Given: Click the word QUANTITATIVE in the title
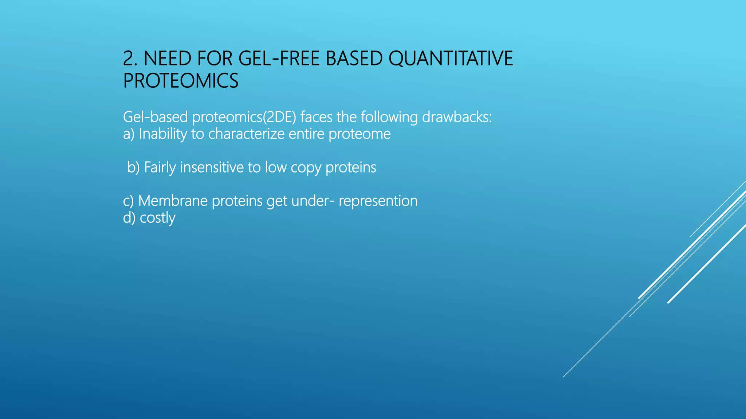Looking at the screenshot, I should coord(451,59).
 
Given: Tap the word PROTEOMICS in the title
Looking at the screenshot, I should coord(181,81).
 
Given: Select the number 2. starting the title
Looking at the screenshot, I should coord(130,59).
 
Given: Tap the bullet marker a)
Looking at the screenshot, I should coord(129,134).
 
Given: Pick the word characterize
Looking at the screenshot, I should coord(246,134).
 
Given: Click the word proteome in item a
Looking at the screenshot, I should coord(360,134).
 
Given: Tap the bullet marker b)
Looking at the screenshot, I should coord(133,168).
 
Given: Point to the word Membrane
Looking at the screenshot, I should coord(173,201).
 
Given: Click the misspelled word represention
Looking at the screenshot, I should coord(378,201).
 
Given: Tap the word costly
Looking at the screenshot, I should coord(157,218).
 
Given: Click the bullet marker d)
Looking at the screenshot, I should coord(129,218).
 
